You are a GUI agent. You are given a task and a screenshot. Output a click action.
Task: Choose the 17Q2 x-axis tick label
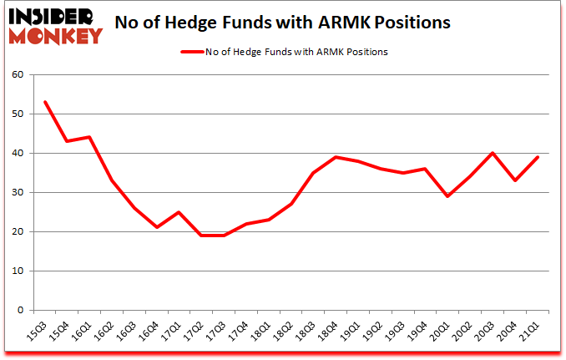(199, 332)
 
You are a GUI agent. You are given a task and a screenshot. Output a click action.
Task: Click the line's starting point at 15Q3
(44, 102)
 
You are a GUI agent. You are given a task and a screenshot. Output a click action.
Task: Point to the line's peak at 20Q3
(493, 153)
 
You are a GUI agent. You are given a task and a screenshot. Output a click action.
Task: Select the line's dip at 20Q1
(447, 196)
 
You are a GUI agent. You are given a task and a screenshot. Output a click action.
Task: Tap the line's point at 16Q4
(157, 227)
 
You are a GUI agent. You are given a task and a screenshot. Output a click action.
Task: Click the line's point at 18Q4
(336, 157)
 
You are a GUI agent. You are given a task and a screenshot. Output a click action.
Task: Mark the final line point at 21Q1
(538, 157)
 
